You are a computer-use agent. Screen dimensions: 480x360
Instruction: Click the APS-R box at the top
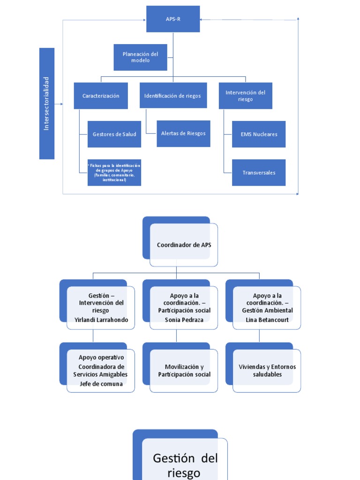(x=173, y=19)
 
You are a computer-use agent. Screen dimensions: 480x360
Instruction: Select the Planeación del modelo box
(x=140, y=57)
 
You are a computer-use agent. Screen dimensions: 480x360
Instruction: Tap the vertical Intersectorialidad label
(x=47, y=104)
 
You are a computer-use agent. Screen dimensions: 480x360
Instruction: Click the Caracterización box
(x=101, y=96)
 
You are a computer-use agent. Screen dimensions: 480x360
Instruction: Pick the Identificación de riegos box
(x=172, y=96)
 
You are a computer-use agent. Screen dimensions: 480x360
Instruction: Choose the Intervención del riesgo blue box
(x=245, y=96)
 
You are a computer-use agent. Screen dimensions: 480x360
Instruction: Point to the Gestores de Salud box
(x=114, y=134)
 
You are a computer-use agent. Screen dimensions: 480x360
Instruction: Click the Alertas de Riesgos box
(x=183, y=134)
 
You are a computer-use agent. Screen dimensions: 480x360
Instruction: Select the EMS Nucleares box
(x=259, y=134)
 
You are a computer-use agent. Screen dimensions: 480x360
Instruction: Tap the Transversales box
(x=259, y=172)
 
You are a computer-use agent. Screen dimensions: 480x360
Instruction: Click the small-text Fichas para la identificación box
(x=114, y=172)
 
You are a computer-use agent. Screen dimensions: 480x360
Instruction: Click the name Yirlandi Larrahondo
(x=101, y=320)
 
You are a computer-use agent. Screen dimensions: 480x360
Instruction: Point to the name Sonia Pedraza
(x=184, y=320)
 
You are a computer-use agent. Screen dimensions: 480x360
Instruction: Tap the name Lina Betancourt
(x=267, y=320)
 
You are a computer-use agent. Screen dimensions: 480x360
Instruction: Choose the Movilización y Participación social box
(x=184, y=370)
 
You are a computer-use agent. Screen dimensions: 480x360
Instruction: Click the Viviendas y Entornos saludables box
(x=267, y=370)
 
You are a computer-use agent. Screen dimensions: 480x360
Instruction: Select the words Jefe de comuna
(x=101, y=384)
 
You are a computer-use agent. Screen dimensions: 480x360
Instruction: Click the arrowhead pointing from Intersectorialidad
(x=61, y=104)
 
